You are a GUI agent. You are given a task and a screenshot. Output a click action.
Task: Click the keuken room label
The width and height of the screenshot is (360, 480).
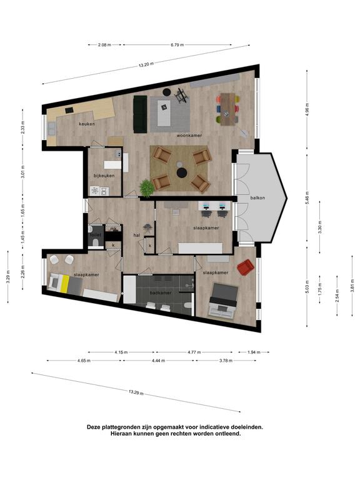pos(87,124)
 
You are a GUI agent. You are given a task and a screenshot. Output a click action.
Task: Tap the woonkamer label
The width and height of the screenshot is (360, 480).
pos(189,135)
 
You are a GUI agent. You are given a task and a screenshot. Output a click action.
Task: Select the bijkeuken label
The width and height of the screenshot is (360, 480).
pos(104,176)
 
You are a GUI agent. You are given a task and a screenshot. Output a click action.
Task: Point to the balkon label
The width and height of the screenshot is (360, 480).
pos(257,197)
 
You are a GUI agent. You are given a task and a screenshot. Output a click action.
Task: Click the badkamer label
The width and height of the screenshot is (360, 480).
pos(161,292)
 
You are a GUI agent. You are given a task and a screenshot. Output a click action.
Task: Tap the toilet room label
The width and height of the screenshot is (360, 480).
pos(93,235)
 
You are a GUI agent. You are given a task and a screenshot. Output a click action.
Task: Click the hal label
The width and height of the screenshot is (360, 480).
pos(137,235)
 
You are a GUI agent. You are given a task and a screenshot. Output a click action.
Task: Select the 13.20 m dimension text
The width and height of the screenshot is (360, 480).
pos(146,64)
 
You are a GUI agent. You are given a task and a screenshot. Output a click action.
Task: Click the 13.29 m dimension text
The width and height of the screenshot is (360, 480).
pos(136,392)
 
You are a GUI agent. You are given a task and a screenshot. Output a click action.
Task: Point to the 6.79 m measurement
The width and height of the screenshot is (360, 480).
pos(177,45)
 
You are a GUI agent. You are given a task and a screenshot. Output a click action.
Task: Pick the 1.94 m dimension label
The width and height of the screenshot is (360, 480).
pos(254,352)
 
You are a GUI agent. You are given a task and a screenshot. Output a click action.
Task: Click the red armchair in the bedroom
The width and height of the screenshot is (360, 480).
pos(246,267)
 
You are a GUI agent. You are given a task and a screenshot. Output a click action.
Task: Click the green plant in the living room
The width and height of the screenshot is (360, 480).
pos(147,188)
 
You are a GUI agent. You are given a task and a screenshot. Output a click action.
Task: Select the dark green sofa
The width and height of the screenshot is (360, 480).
pos(140,114)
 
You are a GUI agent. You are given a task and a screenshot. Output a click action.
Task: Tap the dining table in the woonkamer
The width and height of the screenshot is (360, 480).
pos(227,109)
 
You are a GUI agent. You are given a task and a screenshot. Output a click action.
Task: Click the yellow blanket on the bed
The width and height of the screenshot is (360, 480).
pos(64,283)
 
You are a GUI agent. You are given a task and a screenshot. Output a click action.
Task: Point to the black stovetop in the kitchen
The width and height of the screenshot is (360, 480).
pos(69,109)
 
